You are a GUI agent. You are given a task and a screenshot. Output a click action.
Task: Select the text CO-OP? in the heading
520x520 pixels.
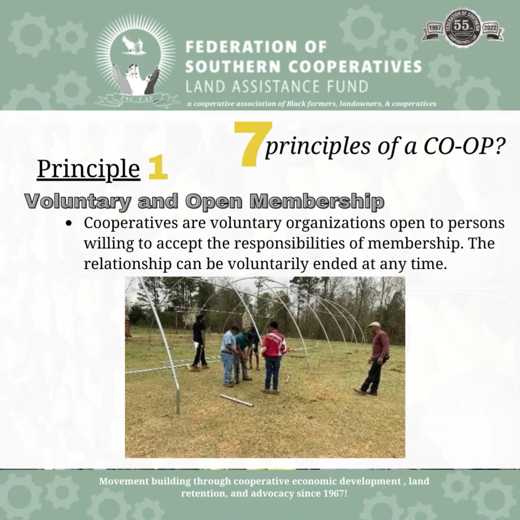464,146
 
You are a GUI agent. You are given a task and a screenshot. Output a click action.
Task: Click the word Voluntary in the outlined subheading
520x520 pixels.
78,201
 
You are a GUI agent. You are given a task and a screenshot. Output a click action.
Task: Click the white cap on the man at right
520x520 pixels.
374,325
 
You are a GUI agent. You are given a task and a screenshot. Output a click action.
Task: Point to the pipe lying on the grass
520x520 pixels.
236,400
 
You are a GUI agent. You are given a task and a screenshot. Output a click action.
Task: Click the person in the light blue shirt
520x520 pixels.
228,356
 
